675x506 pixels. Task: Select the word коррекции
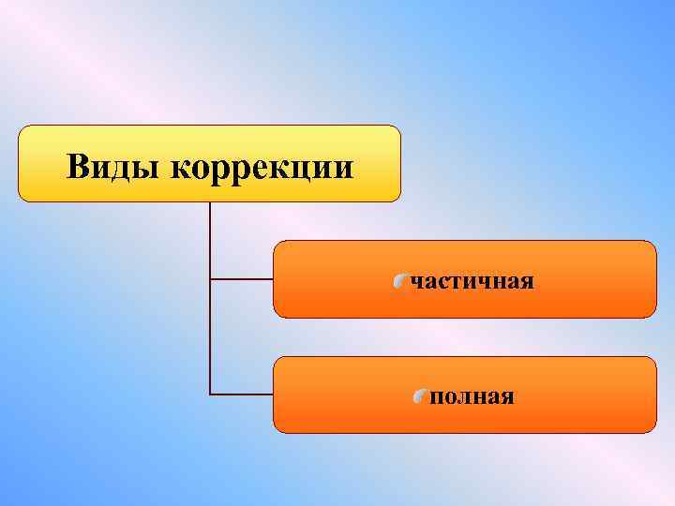pyautogui.click(x=263, y=169)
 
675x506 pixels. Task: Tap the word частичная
pyautogui.click(x=472, y=281)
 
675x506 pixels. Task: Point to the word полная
pyautogui.click(x=472, y=397)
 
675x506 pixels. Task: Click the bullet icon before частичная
pyautogui.click(x=400, y=281)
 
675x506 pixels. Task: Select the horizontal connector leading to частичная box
pyautogui.click(x=242, y=279)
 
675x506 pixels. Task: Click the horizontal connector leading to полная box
pyautogui.click(x=242, y=394)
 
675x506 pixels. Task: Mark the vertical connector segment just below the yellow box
pyautogui.click(x=210, y=234)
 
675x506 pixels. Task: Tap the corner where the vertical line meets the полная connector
pyautogui.click(x=210, y=394)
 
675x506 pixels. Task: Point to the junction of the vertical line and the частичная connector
pyautogui.click(x=210, y=279)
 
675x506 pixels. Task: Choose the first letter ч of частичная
pyautogui.click(x=416, y=282)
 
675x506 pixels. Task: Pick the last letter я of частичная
pyautogui.click(x=528, y=282)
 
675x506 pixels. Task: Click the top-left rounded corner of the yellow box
pyautogui.click(x=22, y=129)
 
